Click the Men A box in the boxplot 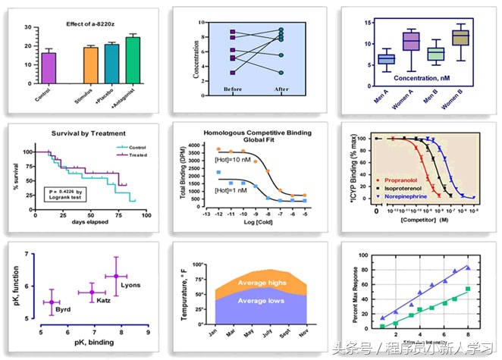[x=386, y=58]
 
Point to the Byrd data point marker [x=52, y=302]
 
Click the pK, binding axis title [x=94, y=342]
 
